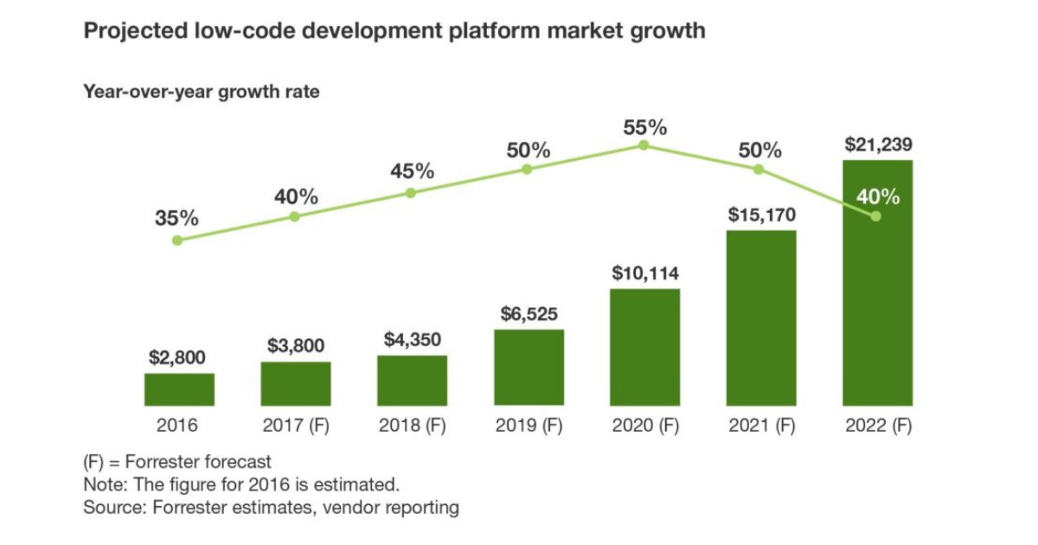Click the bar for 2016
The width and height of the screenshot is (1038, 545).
coord(179,389)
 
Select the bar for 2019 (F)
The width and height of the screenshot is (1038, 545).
coord(529,368)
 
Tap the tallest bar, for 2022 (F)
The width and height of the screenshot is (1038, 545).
coord(877,285)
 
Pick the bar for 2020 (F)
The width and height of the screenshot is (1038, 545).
coord(644,347)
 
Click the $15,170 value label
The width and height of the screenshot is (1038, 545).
coord(760,215)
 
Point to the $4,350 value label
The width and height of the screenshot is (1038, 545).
coord(412,340)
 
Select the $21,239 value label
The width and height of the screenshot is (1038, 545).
coord(878,144)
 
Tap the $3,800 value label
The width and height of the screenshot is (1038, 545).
coord(296,346)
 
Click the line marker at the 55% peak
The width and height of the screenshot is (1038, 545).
coord(644,145)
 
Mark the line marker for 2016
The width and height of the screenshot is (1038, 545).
coord(177,240)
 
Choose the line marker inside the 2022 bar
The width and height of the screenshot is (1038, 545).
coord(876,216)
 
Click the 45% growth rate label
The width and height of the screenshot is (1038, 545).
coord(412,171)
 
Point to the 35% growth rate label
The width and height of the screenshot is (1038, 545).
coord(177,219)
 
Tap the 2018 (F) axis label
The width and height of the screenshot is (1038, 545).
coord(412,426)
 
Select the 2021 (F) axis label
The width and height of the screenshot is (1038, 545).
coord(760,426)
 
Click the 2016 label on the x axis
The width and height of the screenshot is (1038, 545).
coord(177,426)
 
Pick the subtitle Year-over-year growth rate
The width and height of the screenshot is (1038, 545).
coord(201,92)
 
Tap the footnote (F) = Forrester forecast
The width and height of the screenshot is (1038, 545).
coord(177,462)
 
